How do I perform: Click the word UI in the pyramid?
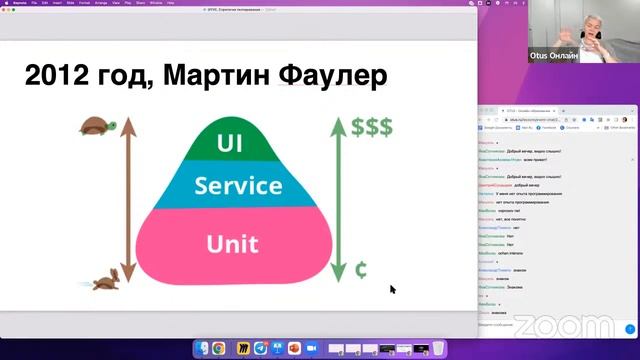(229, 144)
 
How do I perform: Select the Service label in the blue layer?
(238, 185)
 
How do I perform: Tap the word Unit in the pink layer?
(231, 243)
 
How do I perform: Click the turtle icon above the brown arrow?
(99, 126)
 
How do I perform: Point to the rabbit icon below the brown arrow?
(108, 281)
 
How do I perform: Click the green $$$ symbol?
(371, 127)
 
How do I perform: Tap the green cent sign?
(361, 270)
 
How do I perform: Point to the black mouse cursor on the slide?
(392, 289)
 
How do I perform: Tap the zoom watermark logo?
(567, 326)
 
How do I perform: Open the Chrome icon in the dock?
(218, 349)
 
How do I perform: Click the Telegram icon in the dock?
(260, 349)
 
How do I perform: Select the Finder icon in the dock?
(201, 349)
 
